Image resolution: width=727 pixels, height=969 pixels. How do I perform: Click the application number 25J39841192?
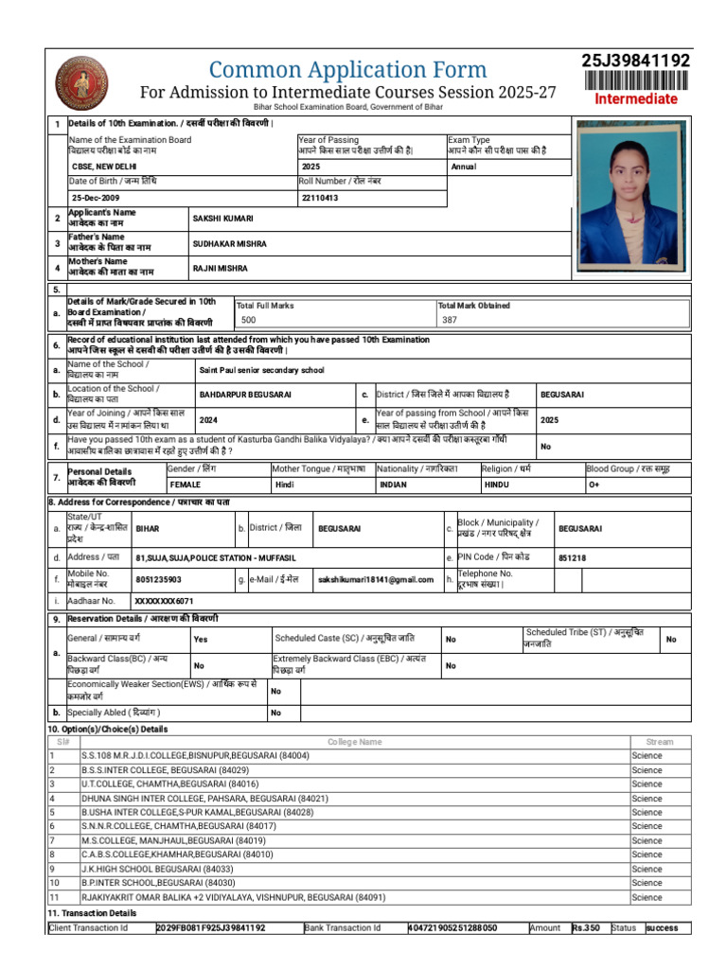(635, 62)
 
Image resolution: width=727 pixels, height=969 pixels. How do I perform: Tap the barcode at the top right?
(635, 81)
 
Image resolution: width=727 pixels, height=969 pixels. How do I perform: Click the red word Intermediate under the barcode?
(635, 99)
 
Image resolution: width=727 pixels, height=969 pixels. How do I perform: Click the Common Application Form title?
(347, 70)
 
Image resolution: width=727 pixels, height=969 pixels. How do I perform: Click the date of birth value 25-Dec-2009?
(96, 197)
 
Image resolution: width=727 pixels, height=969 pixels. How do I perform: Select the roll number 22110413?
(319, 197)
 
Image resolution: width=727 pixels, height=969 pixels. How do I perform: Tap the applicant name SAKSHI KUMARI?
(223, 219)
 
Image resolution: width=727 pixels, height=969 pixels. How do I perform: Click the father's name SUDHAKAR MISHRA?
(230, 243)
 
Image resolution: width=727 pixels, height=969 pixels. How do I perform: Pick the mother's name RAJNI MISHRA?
(221, 269)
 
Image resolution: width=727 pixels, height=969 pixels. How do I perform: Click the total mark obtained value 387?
(449, 321)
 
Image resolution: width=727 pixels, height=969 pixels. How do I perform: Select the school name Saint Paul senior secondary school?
(261, 370)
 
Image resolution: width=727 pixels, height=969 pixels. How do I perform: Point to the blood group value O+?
(594, 484)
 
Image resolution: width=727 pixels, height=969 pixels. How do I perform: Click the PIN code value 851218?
(572, 558)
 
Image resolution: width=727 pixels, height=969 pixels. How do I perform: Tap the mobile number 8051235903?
(159, 579)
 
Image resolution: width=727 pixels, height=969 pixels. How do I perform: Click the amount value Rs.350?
(586, 928)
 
